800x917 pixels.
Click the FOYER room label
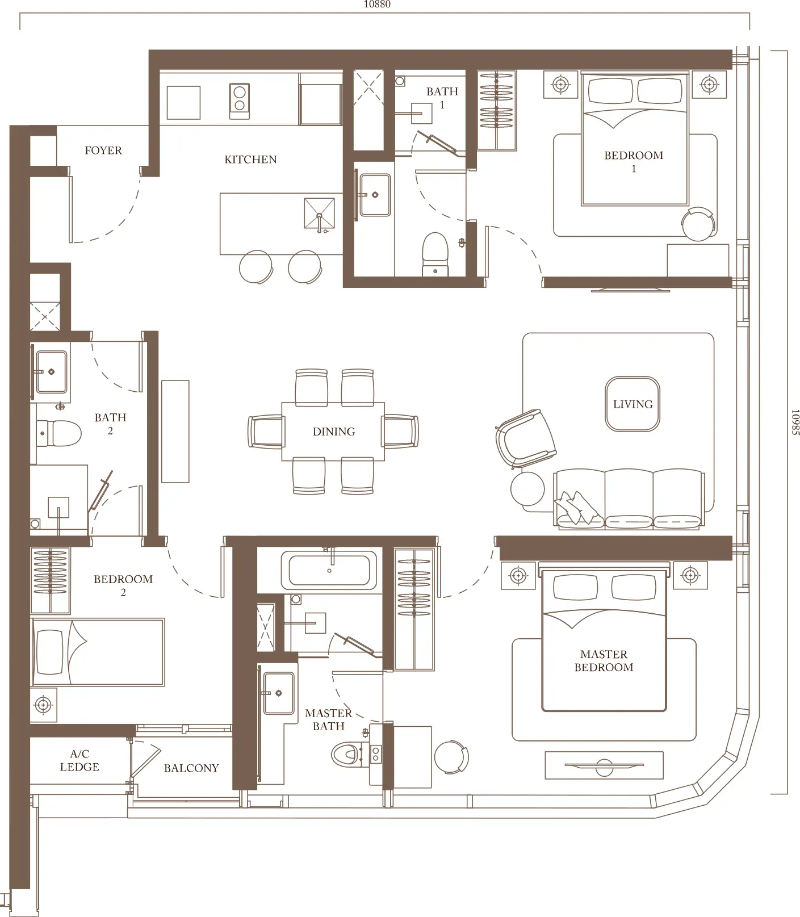click(103, 150)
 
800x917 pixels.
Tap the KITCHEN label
click(250, 160)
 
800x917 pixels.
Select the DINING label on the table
click(334, 432)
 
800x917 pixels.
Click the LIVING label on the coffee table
click(633, 404)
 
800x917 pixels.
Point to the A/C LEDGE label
click(79, 760)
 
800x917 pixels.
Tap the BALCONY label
click(191, 768)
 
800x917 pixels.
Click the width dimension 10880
click(377, 5)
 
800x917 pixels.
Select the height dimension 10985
click(795, 422)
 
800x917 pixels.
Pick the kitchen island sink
click(320, 213)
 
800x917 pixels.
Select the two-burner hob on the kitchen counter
click(240, 101)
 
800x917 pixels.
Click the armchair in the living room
click(525, 438)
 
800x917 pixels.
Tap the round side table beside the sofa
click(528, 489)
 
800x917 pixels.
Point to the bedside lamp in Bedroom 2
click(43, 706)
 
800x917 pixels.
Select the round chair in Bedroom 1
click(698, 224)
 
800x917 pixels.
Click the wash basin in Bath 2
click(51, 372)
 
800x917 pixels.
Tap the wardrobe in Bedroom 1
click(497, 110)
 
